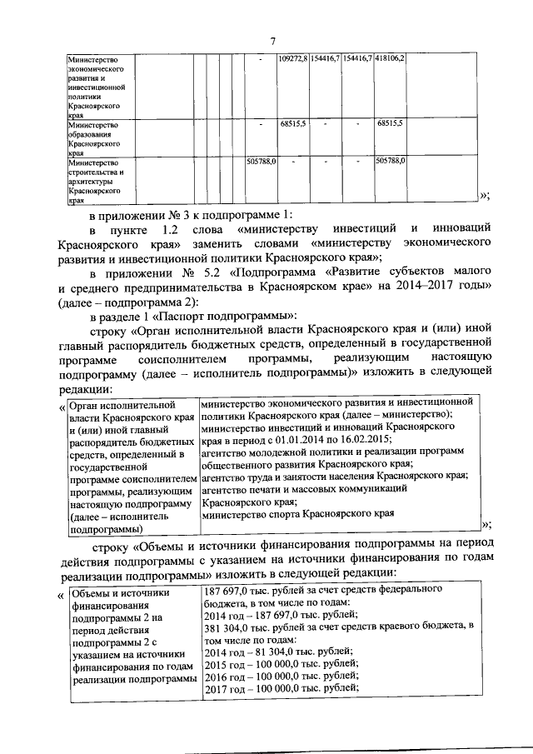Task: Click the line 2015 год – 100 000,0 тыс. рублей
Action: tap(281, 664)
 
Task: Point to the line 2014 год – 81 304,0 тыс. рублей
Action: tap(278, 652)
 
